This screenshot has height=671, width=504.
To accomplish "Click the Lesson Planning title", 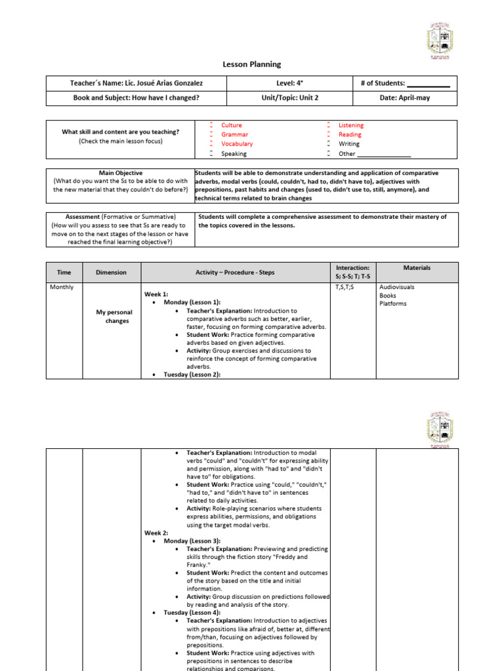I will click(x=252, y=64).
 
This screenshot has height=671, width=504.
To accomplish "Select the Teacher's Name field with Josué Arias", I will click(x=136, y=83).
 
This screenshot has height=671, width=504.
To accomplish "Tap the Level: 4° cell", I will click(x=289, y=83).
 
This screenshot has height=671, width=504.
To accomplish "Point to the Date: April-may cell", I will click(x=406, y=98).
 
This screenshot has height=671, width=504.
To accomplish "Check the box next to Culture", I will click(x=212, y=125).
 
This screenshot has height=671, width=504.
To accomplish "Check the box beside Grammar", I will click(x=212, y=134).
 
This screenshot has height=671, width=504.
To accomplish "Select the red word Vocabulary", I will click(x=237, y=144).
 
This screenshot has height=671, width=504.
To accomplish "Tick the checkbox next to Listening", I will click(x=329, y=125).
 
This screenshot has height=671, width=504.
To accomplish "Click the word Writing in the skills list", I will click(x=349, y=144).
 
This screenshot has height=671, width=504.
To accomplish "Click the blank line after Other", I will click(x=384, y=154).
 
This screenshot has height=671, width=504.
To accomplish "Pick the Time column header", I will click(x=64, y=272).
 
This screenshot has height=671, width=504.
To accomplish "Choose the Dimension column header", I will click(x=112, y=272).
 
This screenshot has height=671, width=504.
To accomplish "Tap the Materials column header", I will click(x=417, y=268).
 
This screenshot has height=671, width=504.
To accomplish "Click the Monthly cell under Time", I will click(x=62, y=287).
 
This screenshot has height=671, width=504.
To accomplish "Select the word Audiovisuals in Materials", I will click(x=397, y=287).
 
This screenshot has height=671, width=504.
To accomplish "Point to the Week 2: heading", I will click(x=156, y=533).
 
